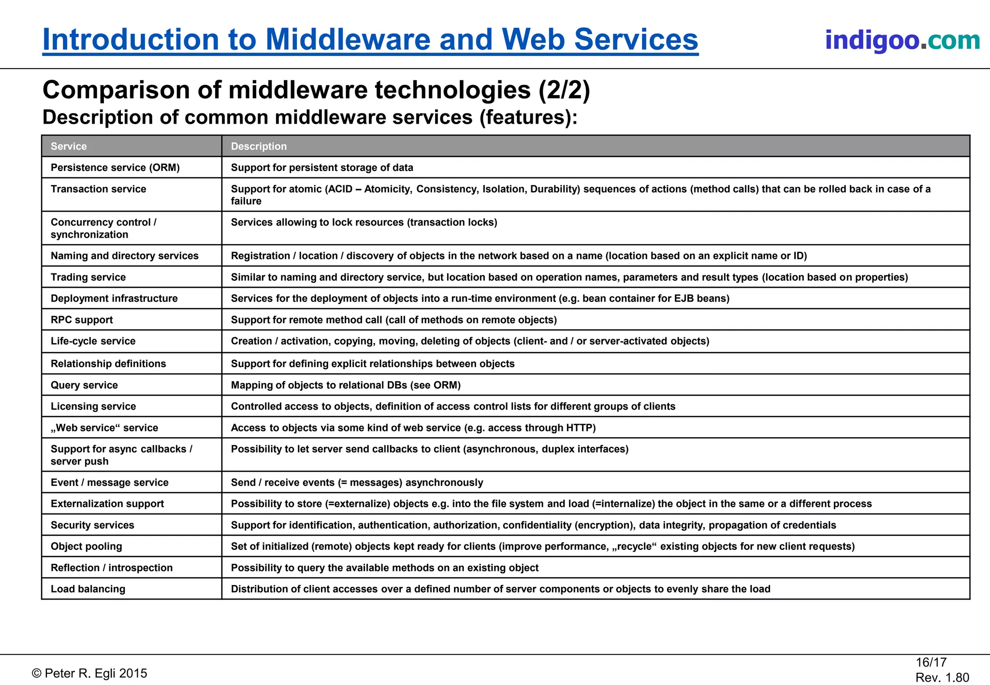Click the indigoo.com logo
[902, 40]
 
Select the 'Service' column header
[69, 146]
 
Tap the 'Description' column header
[259, 146]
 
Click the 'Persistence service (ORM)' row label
[115, 168]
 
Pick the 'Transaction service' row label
[98, 189]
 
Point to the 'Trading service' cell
[88, 277]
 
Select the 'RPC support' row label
[82, 320]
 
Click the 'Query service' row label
[84, 385]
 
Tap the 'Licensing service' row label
[93, 406]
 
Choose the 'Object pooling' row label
[87, 546]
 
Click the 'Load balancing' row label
[88, 589]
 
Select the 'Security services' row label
[92, 525]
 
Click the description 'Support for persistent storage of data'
[322, 168]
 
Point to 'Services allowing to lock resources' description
[364, 222]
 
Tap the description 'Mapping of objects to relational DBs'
[346, 385]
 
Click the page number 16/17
[931, 662]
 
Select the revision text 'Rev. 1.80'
[942, 678]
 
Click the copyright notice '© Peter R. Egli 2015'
[89, 673]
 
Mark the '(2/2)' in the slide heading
[565, 90]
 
